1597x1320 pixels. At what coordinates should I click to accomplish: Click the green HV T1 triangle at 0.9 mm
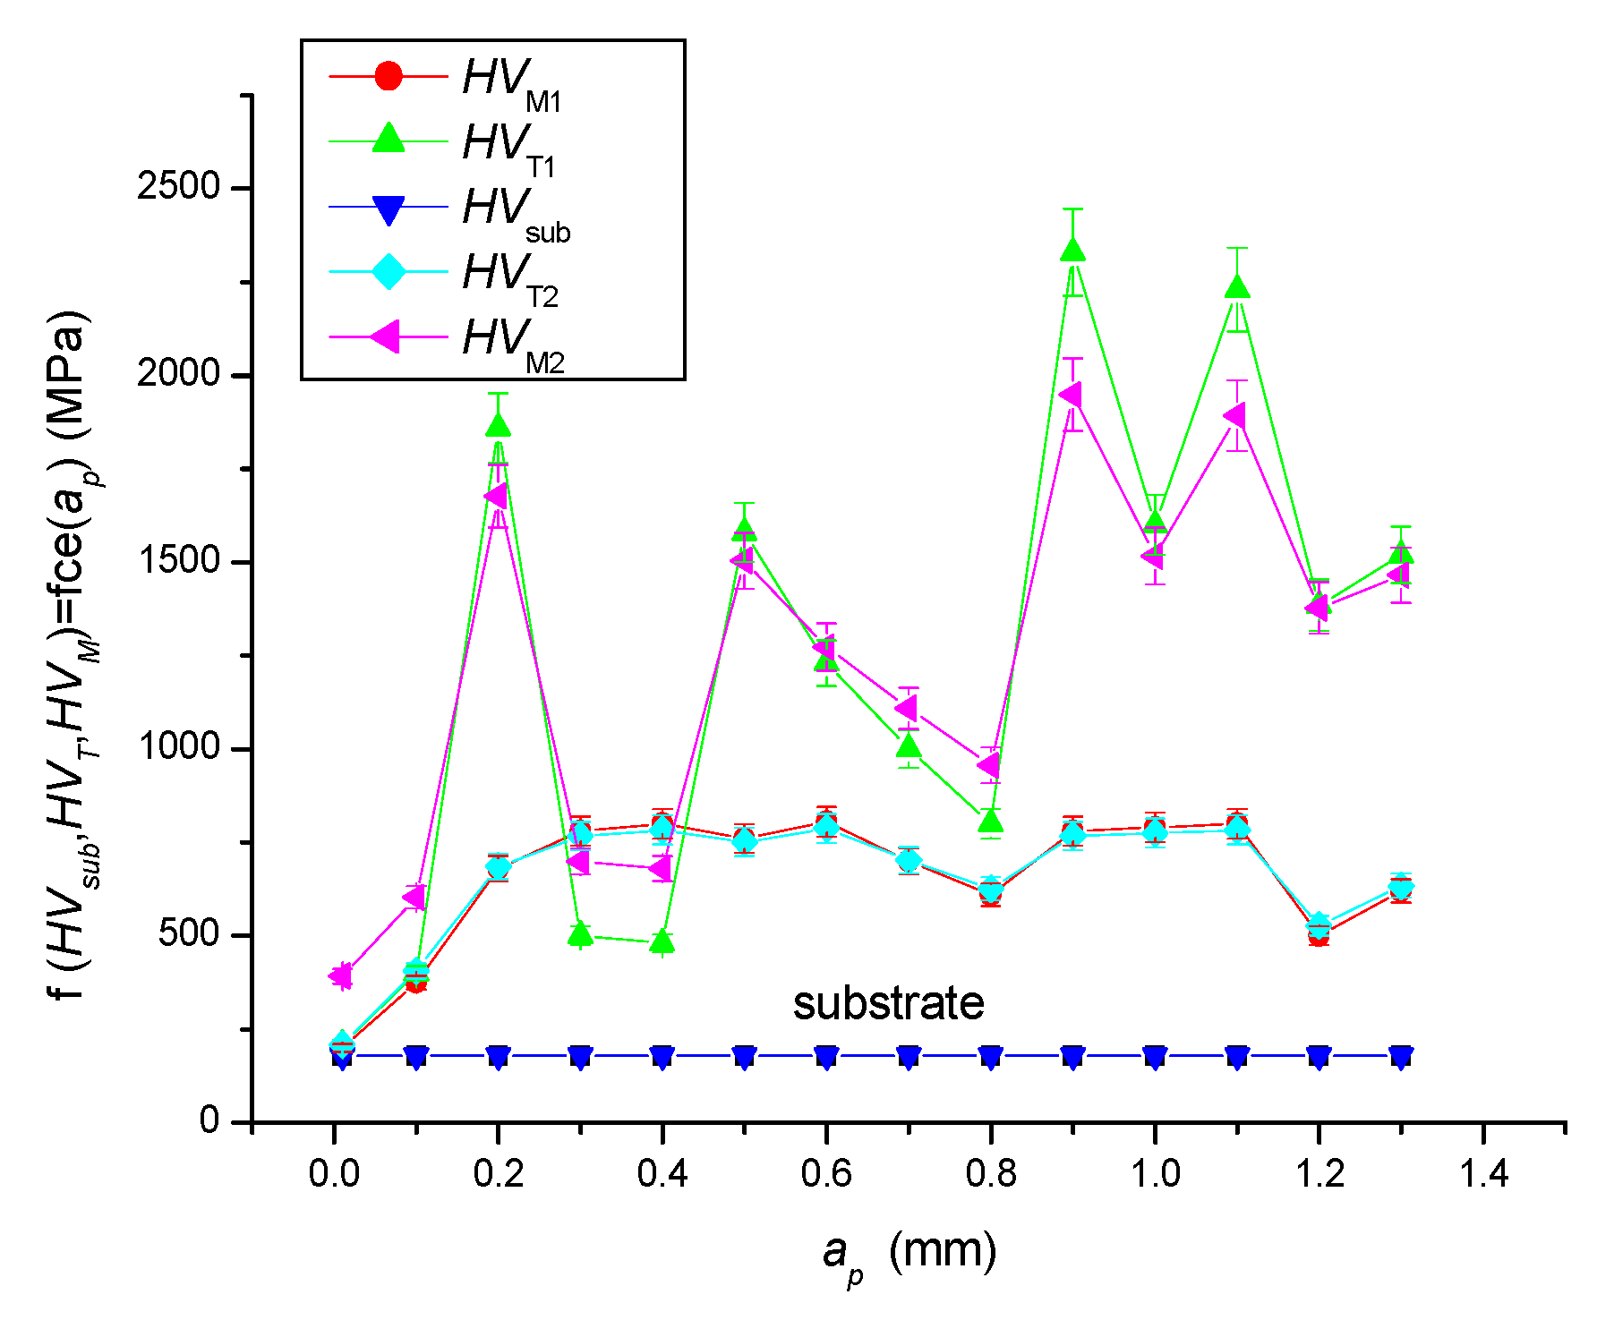(x=1073, y=251)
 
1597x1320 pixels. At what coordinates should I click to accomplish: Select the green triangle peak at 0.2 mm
(x=499, y=426)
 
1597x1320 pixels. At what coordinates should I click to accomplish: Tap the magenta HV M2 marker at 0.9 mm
(x=1071, y=395)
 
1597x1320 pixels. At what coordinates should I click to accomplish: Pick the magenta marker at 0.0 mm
(x=340, y=975)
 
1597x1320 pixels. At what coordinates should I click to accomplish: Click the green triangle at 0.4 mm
(x=662, y=941)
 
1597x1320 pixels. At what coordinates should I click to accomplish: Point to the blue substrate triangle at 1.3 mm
(x=1402, y=1057)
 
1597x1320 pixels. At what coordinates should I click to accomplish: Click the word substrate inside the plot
(x=888, y=1003)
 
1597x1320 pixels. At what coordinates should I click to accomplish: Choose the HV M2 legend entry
(x=512, y=340)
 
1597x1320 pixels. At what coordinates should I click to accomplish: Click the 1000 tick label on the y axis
(x=178, y=748)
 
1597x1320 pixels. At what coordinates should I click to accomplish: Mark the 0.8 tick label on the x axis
(x=990, y=1173)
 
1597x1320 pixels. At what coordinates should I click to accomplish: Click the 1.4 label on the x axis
(x=1483, y=1173)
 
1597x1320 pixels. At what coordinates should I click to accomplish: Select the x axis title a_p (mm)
(x=908, y=1254)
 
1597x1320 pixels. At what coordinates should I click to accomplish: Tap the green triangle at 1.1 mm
(x=1237, y=287)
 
